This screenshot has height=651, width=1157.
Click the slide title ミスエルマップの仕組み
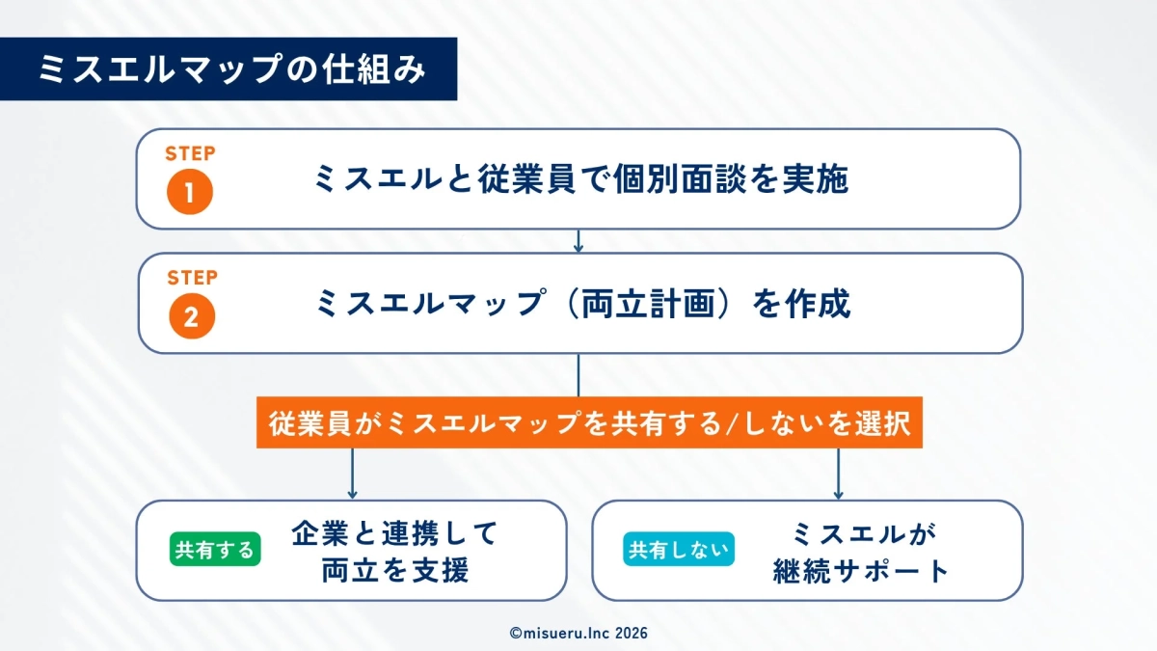click(x=231, y=69)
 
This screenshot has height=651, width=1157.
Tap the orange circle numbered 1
click(x=189, y=191)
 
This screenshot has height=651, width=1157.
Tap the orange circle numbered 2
click(x=189, y=316)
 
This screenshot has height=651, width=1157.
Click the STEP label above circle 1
click(x=190, y=153)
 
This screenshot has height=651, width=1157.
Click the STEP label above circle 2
click(x=192, y=278)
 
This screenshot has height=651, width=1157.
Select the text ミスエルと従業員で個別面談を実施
click(x=580, y=179)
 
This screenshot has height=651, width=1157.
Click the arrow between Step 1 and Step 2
click(x=578, y=241)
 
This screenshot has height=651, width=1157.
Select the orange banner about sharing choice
click(x=589, y=424)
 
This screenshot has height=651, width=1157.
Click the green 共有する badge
click(x=215, y=550)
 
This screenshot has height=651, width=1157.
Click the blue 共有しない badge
click(x=678, y=550)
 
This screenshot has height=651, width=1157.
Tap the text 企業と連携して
click(x=394, y=532)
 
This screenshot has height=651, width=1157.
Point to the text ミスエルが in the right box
click(x=863, y=532)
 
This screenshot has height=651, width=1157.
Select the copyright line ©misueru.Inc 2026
click(x=578, y=633)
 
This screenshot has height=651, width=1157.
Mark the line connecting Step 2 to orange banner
click(x=578, y=376)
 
